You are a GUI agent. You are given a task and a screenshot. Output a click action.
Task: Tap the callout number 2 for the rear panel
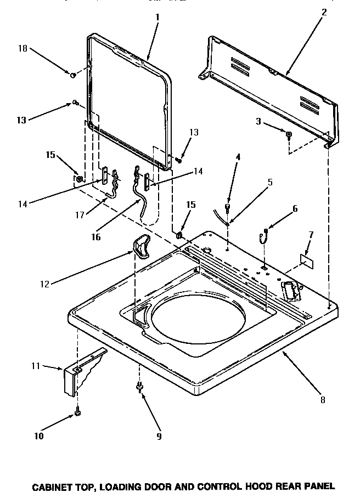(324, 12)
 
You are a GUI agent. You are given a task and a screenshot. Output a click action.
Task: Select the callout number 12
(45, 284)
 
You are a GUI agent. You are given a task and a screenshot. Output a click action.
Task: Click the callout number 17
(81, 214)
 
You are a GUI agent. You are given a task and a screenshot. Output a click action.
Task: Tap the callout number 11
(36, 366)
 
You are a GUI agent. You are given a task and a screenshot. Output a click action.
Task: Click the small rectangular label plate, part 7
(307, 259)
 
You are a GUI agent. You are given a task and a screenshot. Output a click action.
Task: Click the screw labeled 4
(228, 207)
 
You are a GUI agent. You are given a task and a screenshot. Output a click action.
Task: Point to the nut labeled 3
(289, 134)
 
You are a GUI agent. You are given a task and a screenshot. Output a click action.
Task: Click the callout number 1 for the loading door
(157, 16)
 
